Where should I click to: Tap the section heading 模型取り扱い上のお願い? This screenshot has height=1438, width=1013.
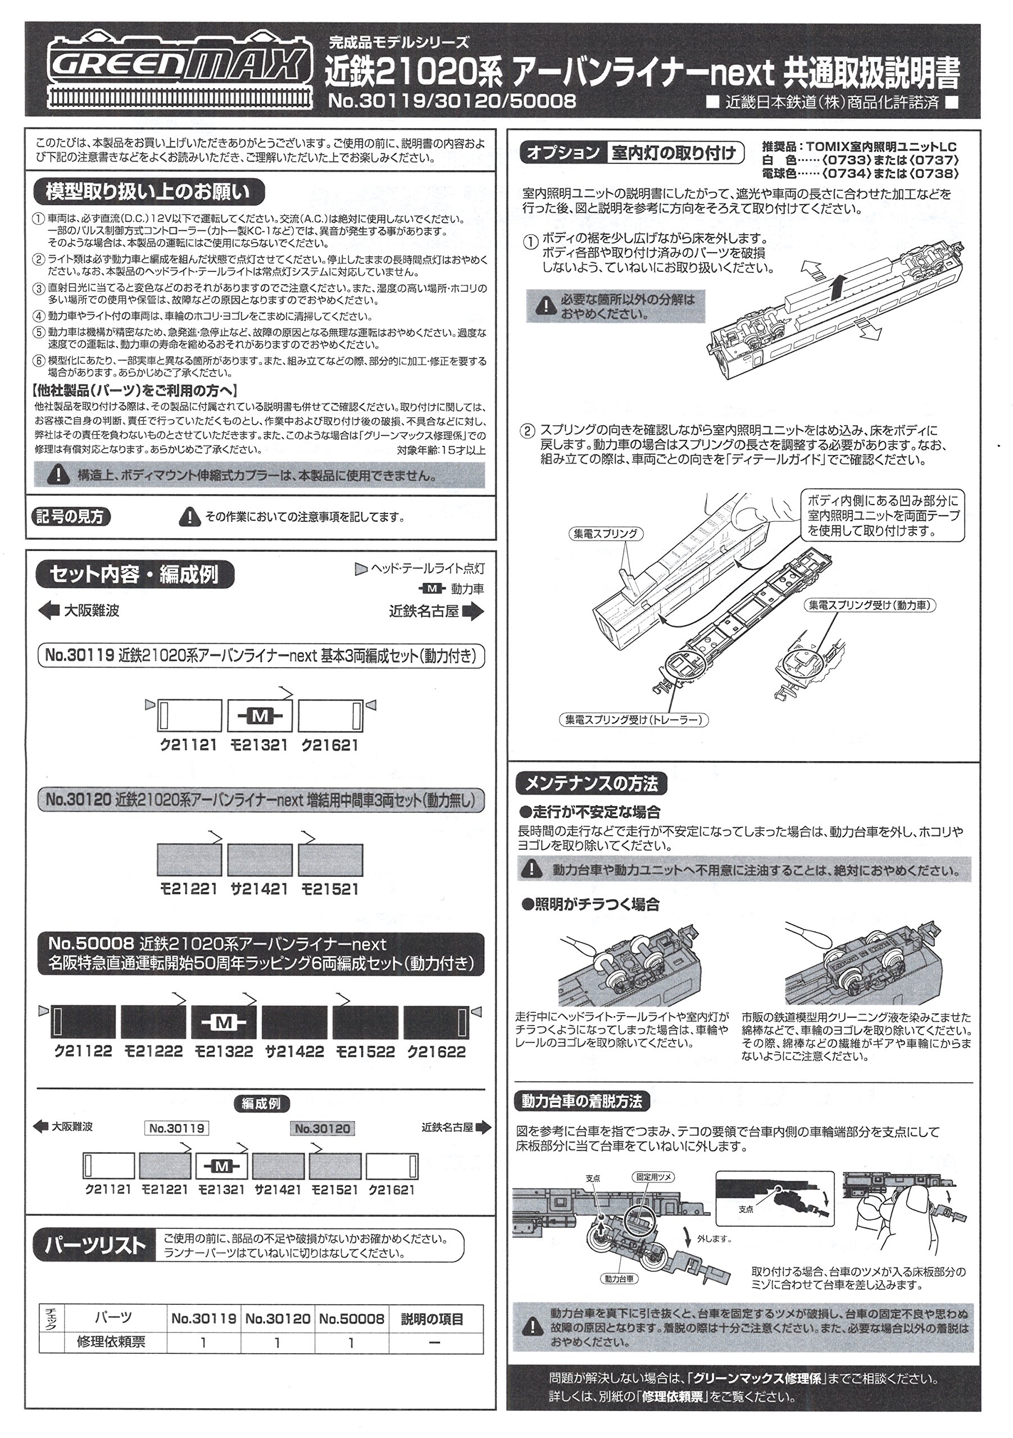[148, 192]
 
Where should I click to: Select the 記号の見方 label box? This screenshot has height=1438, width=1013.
[70, 517]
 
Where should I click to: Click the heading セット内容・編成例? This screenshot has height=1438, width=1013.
[134, 574]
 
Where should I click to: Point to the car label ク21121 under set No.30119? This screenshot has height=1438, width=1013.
[189, 745]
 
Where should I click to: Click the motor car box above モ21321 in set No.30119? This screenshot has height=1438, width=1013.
[260, 715]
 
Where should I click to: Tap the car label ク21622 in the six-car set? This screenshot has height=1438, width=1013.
[437, 1052]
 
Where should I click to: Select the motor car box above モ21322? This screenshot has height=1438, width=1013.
[224, 1022]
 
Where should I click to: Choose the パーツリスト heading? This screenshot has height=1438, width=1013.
[94, 1246]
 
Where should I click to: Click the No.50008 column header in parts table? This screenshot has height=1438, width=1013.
[352, 1318]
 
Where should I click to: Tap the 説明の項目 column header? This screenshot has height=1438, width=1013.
[432, 1319]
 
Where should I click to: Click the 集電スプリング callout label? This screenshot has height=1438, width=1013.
[606, 534]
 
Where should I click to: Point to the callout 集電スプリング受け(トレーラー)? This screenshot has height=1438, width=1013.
[633, 720]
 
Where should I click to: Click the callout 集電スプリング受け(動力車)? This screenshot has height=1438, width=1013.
[870, 605]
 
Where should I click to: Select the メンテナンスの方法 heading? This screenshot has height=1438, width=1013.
[590, 784]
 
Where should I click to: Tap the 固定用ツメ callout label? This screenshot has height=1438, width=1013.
[654, 1177]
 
